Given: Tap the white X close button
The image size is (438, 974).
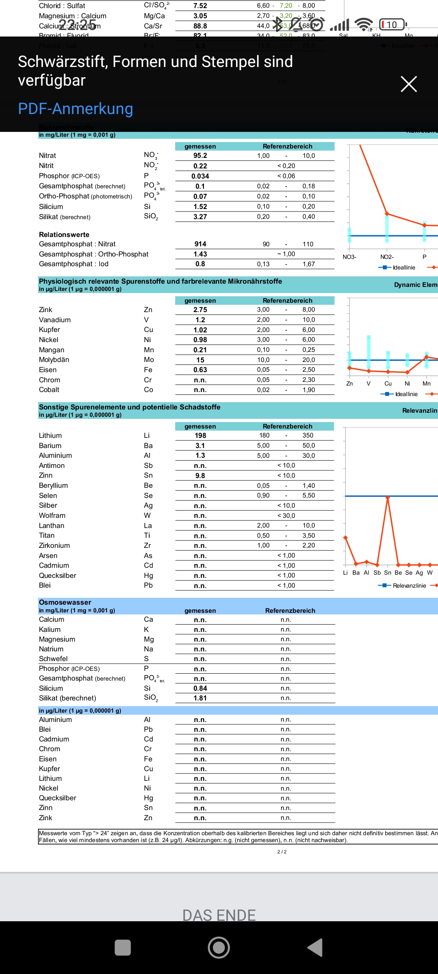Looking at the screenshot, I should point(408,84).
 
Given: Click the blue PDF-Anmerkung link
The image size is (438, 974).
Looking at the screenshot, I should point(75,109).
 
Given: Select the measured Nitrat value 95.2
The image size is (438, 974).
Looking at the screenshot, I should point(200,156).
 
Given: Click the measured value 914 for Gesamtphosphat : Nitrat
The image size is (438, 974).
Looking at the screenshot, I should point(200,244).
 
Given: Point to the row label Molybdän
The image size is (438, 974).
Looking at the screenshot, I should point(54,360).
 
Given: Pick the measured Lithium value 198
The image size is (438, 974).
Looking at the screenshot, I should point(200,435).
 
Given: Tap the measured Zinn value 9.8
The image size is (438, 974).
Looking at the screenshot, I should point(200,476).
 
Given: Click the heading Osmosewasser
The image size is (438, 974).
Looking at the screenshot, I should point(65,602).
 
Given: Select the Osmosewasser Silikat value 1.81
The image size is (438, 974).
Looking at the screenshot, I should point(200,698).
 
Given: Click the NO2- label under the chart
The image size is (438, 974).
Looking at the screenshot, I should point(387,257).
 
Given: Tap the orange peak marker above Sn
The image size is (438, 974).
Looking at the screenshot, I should point(388,497).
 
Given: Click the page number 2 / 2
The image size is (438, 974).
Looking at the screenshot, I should point(282,852).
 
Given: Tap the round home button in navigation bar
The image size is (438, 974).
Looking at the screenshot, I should point(219,947).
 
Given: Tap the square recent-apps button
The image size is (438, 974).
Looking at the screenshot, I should point(123,947).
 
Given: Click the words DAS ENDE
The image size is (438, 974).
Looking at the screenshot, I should point(219,915).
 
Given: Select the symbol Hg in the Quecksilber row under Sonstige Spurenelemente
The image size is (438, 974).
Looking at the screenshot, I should point(148,575).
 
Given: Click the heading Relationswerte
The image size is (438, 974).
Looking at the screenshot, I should point(64,235).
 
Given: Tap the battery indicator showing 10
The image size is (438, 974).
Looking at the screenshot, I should point(392,25).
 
